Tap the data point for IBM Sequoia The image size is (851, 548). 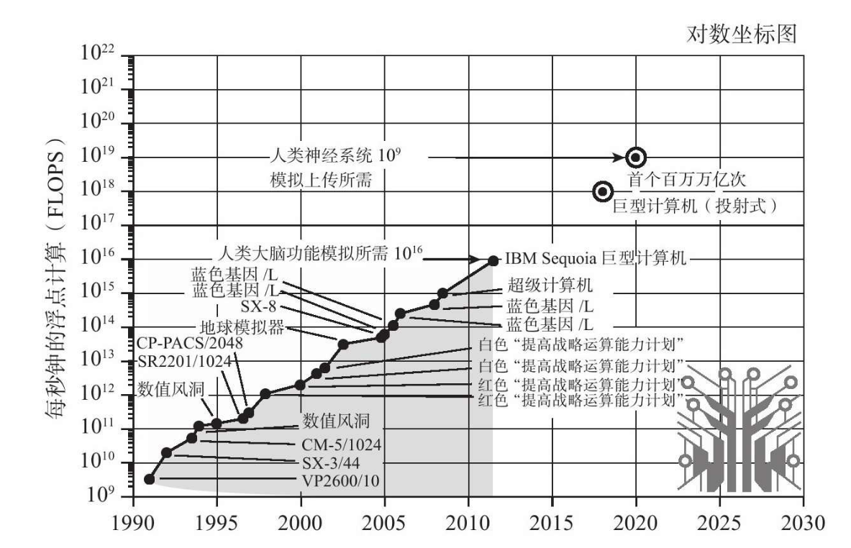click(x=493, y=260)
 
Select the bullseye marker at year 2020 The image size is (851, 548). click(x=636, y=157)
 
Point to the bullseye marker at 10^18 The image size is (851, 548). click(x=603, y=191)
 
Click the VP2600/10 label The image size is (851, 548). click(x=340, y=480)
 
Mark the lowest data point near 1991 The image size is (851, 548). click(x=150, y=479)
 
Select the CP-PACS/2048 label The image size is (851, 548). click(x=189, y=344)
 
